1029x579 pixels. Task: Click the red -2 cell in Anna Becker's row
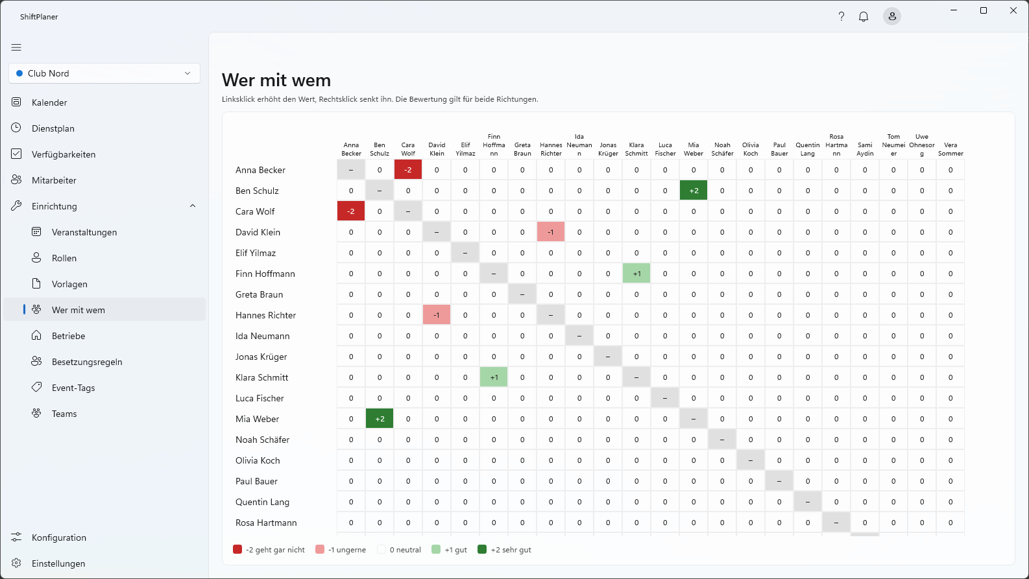coord(408,170)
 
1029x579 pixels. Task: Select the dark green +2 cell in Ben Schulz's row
coord(694,191)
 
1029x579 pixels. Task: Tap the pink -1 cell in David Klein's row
coord(551,232)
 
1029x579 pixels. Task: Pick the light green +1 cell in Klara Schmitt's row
coord(494,377)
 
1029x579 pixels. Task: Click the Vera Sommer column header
coord(950,149)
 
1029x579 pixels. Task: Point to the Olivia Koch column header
coord(751,149)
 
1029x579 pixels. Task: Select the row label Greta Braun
coord(259,294)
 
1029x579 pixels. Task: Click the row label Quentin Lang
coord(262,502)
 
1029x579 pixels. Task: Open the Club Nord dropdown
coord(104,73)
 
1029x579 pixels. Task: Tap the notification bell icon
coord(864,16)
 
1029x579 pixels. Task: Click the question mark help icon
coord(841,16)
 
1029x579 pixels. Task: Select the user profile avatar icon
coord(892,16)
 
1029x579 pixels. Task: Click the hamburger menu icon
coord(16,47)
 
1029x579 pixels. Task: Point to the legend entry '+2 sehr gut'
coord(504,550)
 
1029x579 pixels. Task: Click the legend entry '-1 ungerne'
coord(341,550)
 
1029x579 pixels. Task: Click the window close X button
coord(1013,10)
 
